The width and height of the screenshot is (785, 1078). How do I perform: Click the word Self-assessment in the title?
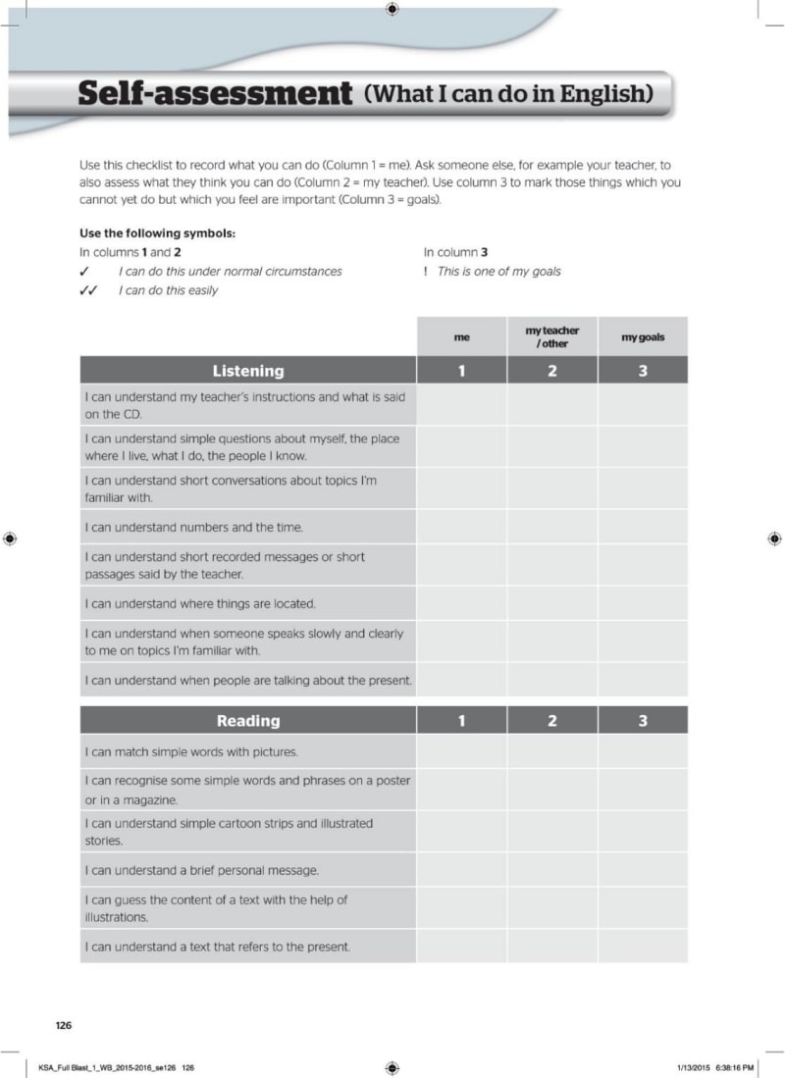click(x=215, y=94)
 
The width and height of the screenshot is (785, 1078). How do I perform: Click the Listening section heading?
click(x=248, y=371)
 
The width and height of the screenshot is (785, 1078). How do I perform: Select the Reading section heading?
click(x=248, y=721)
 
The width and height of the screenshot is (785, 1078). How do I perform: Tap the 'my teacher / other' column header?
click(x=551, y=337)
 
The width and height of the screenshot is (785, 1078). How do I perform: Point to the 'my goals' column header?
click(x=643, y=337)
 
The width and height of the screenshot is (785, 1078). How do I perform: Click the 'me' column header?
click(x=461, y=337)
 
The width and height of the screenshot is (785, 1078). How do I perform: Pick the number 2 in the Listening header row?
click(x=551, y=371)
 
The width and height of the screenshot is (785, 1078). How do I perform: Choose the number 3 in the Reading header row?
click(x=643, y=721)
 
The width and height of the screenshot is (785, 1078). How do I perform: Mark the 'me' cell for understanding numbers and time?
click(x=461, y=528)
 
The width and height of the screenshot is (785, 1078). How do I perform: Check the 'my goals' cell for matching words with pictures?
click(x=643, y=752)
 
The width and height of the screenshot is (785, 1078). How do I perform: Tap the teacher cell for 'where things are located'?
click(x=551, y=604)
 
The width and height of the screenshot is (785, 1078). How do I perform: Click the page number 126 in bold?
click(x=64, y=1025)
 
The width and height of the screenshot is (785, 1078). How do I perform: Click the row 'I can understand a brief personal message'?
click(x=201, y=870)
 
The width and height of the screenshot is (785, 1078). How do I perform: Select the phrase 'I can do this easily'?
click(x=168, y=291)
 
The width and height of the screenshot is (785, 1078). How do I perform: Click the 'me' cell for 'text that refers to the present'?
click(x=461, y=947)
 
